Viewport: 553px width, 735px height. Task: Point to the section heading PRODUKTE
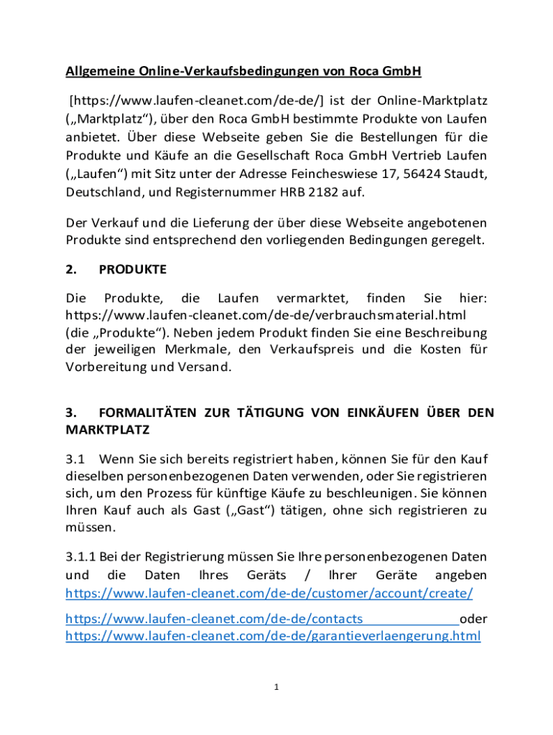[x=132, y=269]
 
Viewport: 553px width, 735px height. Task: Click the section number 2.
[x=71, y=269]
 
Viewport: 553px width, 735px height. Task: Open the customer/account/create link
[x=269, y=594]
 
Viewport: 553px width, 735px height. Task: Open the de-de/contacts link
[x=214, y=619]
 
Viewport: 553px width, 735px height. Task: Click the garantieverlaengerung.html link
[x=273, y=636]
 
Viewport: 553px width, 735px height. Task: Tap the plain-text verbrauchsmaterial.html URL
[x=266, y=314]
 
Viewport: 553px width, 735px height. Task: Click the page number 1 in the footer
[x=276, y=687]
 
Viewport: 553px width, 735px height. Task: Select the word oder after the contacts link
[x=473, y=619]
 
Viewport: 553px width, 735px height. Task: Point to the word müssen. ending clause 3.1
[x=90, y=528]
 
